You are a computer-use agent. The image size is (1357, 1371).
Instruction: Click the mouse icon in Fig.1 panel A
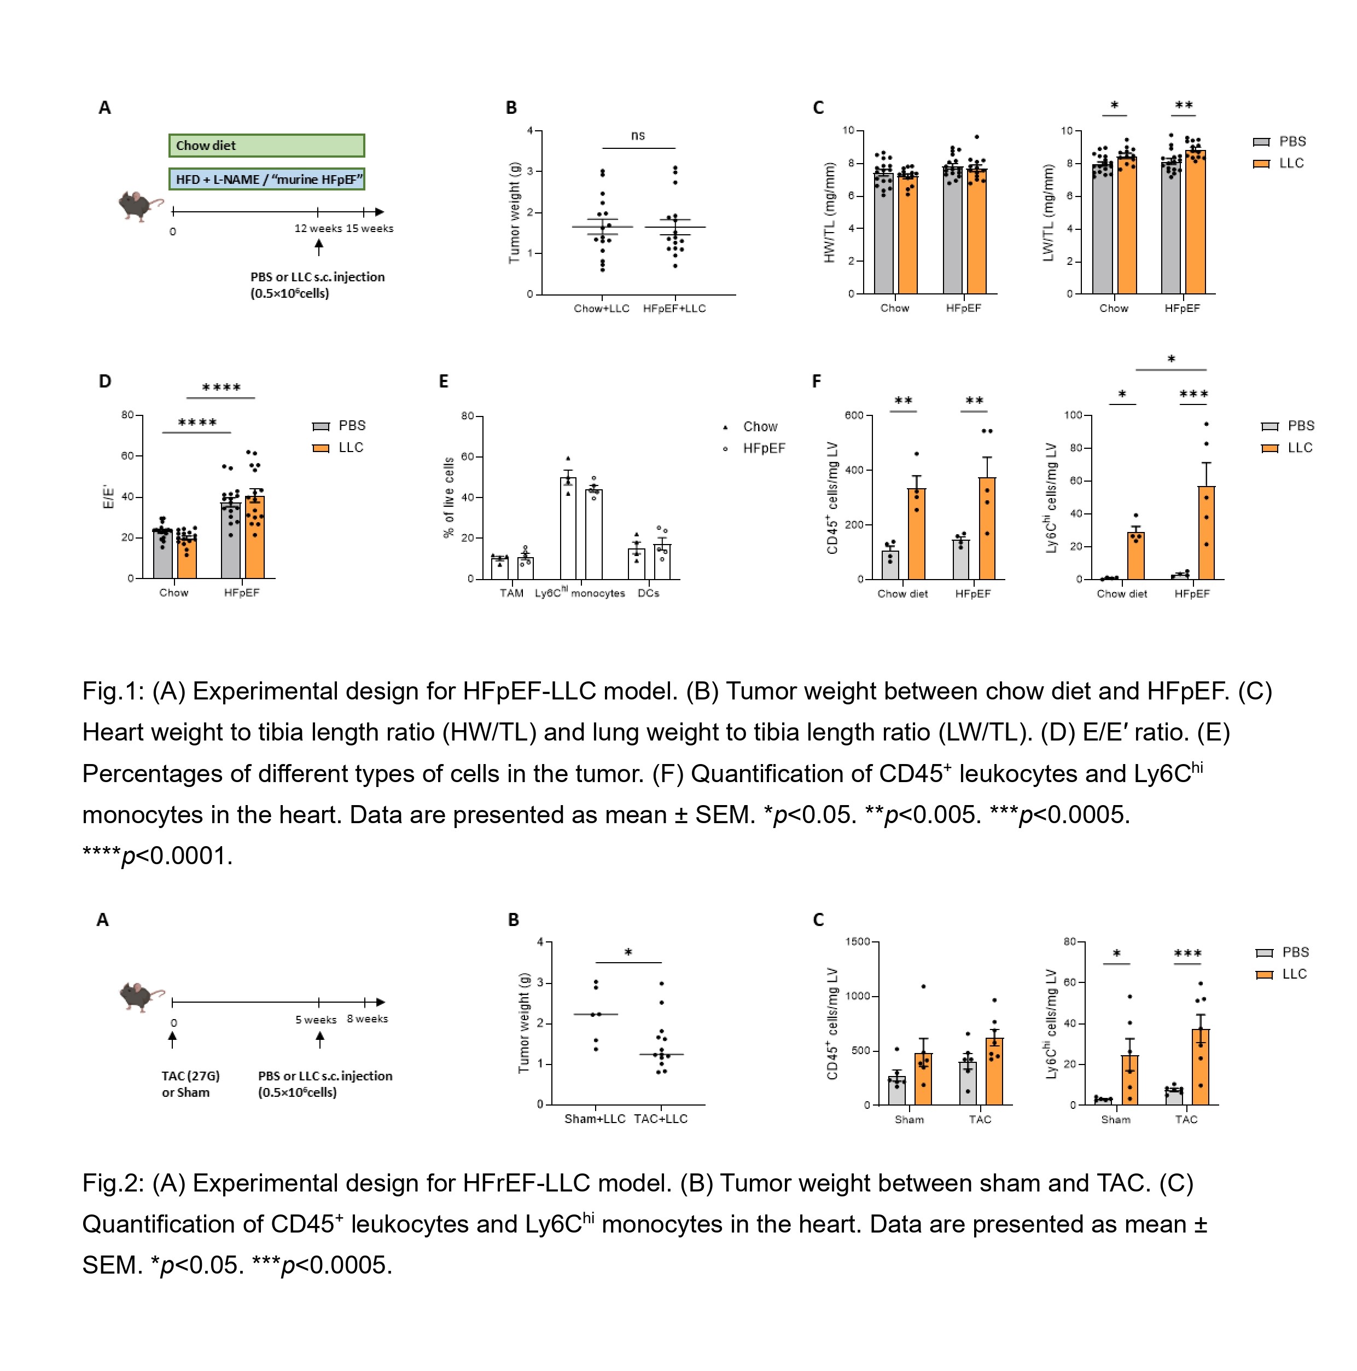(x=139, y=206)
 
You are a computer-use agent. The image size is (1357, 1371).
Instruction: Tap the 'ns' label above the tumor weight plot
(x=638, y=136)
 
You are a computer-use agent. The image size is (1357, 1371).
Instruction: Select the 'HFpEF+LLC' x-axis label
(x=674, y=309)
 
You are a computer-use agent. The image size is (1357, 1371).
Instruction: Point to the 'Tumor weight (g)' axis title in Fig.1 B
(x=514, y=213)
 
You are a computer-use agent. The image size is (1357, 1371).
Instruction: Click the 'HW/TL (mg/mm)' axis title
(x=829, y=213)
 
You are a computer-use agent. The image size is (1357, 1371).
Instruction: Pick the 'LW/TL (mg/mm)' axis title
(x=1048, y=213)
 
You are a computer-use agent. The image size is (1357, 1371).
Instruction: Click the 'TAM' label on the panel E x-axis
(x=511, y=593)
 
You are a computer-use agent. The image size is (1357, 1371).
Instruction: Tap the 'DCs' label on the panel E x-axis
(x=648, y=593)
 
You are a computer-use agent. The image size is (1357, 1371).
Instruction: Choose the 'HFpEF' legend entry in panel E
(x=763, y=448)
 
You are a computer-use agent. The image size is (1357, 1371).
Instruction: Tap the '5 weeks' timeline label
(x=316, y=1020)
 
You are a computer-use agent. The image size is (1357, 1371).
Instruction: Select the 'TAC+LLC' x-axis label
(x=660, y=1119)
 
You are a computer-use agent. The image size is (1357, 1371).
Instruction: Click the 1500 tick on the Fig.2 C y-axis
(x=857, y=942)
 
